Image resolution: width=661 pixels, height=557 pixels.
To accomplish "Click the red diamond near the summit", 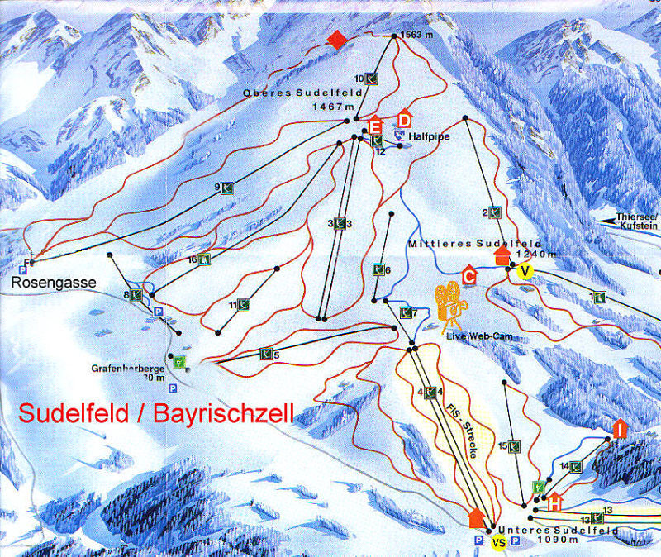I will tap(335, 40).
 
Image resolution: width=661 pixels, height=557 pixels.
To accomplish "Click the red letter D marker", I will tap(405, 120).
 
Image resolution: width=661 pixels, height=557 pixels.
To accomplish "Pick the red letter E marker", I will tap(376, 126).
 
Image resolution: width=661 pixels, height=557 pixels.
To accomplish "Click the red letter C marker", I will tap(469, 276).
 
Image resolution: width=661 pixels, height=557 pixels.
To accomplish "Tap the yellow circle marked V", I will tap(522, 271).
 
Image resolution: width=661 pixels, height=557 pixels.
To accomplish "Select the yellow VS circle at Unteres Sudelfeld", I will tap(497, 542).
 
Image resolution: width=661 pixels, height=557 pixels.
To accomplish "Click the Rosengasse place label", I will tap(55, 283).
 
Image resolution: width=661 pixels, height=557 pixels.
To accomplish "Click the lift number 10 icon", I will tap(373, 79).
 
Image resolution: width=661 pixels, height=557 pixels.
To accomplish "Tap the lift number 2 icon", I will tap(495, 212).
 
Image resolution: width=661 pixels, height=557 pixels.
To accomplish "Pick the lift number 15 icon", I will tap(514, 446).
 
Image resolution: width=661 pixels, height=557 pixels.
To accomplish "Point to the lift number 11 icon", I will tap(244, 305).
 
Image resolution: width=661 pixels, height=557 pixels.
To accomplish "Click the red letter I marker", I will tap(618, 428).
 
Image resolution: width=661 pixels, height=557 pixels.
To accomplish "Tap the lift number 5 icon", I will tap(266, 354).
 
